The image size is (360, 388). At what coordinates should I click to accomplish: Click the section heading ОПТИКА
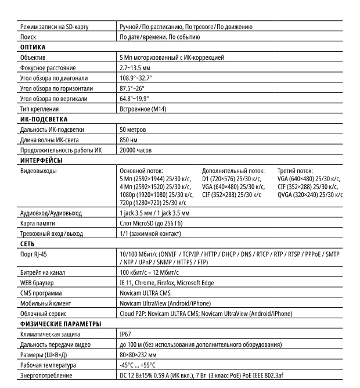coord(34,48)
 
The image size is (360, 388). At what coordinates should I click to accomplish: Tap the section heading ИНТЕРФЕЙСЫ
coord(41,160)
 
